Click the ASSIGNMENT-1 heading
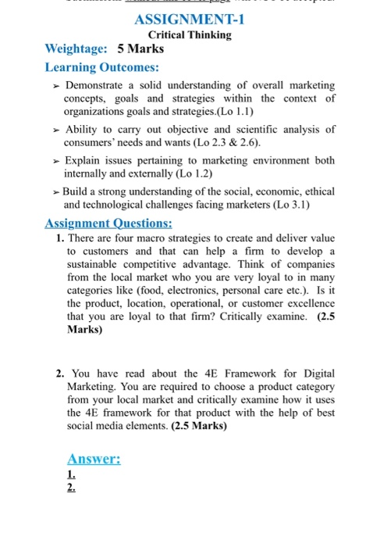tap(190, 20)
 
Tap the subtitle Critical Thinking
tap(190, 35)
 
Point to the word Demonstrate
tap(100, 84)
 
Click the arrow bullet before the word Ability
tap(55, 129)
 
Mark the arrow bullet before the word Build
tap(55, 192)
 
